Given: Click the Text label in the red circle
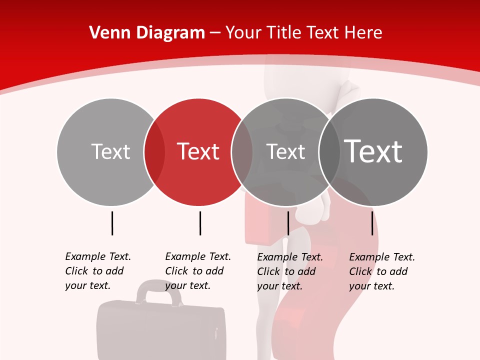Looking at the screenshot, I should (198, 151).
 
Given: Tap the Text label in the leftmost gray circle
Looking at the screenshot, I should (110, 151).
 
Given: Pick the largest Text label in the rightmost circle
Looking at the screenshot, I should (373, 151).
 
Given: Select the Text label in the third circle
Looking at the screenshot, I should (285, 151).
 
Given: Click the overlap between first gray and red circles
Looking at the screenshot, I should (154, 152).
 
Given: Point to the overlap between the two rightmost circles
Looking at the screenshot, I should (329, 152).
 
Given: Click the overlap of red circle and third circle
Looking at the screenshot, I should (242, 152).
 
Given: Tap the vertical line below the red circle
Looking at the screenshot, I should (200, 223).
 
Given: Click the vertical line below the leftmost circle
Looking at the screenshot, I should (112, 223).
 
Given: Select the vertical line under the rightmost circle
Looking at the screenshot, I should (372, 223).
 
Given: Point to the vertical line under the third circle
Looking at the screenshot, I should (288, 223).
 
